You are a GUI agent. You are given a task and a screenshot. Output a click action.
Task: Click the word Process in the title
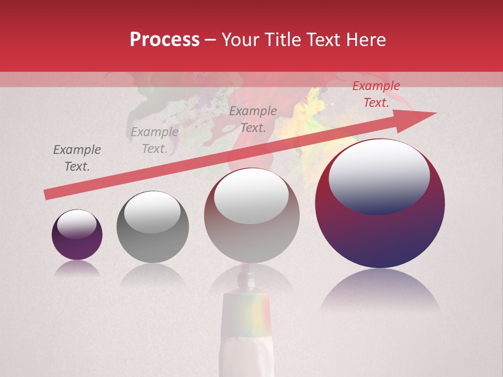[x=165, y=40]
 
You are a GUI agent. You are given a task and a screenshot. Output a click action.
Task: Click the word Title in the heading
[x=282, y=40]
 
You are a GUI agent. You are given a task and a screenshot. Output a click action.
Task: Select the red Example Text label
[x=376, y=94]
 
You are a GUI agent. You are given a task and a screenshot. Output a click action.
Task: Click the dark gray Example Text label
[x=77, y=158]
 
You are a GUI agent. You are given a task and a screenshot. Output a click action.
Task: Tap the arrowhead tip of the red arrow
[x=435, y=113]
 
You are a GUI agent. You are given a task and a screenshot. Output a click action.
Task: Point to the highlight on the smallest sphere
[x=76, y=224]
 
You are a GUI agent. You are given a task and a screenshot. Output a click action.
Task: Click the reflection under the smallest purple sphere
[x=77, y=268]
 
